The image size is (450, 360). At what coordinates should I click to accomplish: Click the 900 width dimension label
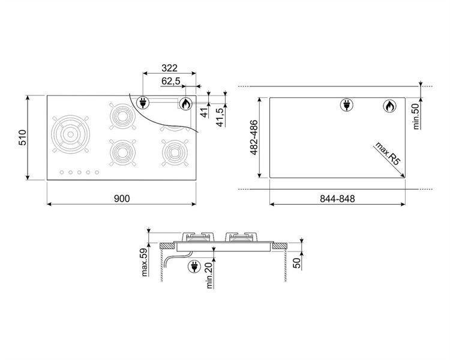coord(122,199)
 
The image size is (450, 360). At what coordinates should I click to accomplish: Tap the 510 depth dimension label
coord(22,137)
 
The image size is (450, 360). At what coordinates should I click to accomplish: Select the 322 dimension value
coord(169,68)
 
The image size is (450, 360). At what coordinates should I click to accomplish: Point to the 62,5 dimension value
coord(171,81)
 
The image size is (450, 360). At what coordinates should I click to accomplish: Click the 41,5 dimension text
coord(220,117)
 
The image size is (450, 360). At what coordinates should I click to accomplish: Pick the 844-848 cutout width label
coord(337,199)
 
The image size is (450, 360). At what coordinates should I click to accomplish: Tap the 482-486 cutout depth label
coord(254,137)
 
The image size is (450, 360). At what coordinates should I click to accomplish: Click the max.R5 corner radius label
coord(388,154)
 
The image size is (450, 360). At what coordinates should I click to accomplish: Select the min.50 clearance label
coord(416,116)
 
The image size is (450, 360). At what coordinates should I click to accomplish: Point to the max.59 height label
coord(145,262)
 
